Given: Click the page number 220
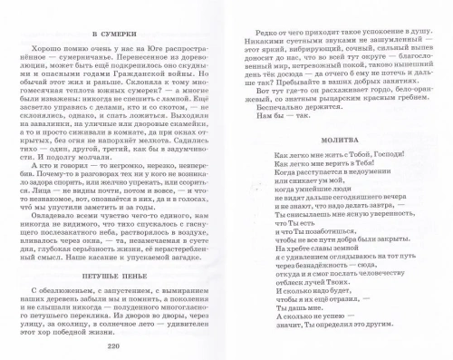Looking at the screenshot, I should click(113, 348).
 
